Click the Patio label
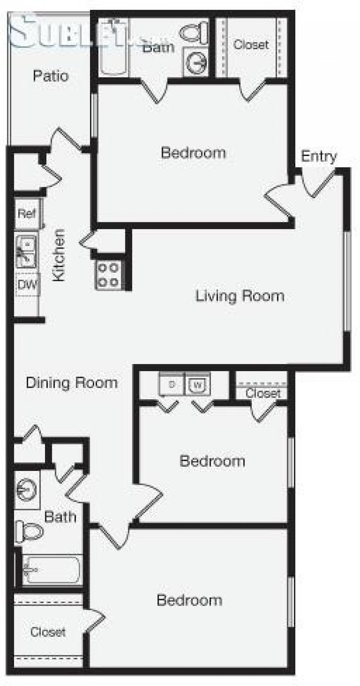51,76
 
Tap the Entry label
319,157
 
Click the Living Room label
240,296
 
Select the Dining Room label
72,383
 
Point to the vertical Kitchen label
59,255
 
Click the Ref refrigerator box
27,214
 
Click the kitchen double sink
26,251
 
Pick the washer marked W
198,384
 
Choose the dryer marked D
172,384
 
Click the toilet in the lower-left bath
28,532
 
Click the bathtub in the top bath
114,46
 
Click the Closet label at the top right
251,45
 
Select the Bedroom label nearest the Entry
193,153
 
